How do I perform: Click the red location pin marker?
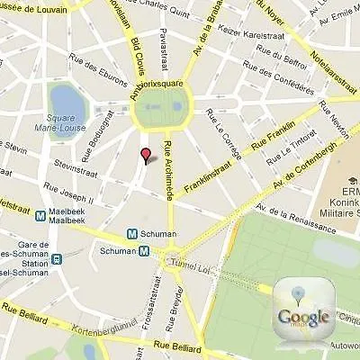(x=145, y=155)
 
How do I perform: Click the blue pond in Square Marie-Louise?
(x=65, y=102)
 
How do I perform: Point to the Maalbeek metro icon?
(x=40, y=215)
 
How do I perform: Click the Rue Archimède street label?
(x=167, y=172)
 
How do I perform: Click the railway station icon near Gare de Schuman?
(x=56, y=259)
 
